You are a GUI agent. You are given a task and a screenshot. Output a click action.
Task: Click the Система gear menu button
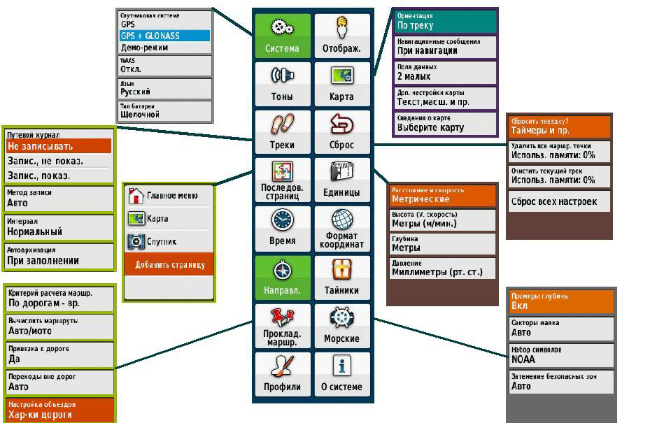pos(282,36)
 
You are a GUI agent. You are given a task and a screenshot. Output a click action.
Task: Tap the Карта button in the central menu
pos(341,83)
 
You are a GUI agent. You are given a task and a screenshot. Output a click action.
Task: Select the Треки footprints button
pos(282,131)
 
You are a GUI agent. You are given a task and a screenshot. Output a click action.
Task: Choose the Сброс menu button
pos(341,131)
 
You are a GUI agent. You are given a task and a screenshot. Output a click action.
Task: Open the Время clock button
pos(282,228)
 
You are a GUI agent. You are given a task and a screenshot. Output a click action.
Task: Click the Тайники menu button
pos(341,276)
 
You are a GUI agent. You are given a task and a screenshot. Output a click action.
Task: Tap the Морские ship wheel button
pos(341,324)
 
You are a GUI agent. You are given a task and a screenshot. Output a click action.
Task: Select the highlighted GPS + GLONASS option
pos(164,36)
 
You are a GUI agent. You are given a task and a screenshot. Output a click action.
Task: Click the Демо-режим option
pos(164,48)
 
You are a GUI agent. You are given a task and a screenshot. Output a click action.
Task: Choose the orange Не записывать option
pos(59,146)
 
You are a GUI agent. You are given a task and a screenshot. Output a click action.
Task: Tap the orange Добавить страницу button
pos(169,265)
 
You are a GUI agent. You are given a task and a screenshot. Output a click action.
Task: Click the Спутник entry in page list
pos(169,242)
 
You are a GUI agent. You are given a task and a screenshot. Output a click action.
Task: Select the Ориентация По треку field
pos(446,21)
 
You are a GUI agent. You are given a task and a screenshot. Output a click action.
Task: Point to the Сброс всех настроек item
pos(559,201)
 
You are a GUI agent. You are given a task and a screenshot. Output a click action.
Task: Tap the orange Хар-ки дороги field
pos(59,410)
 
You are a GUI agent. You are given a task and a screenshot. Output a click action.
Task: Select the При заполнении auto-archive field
pos(59,256)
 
